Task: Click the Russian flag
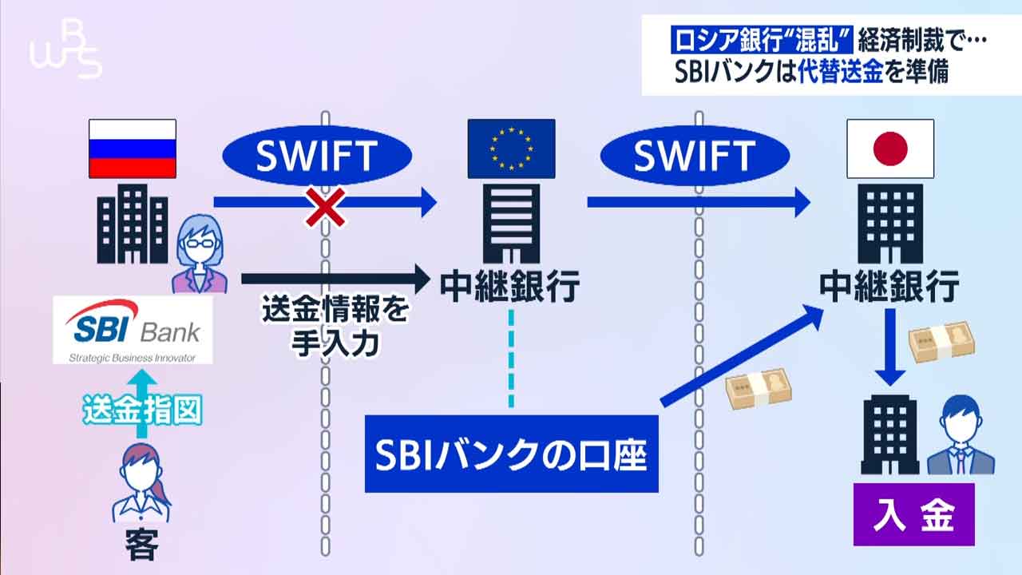point(132,149)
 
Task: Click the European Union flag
point(511,149)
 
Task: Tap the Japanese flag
point(890,149)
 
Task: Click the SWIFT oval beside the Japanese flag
point(693,157)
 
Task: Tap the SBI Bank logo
point(133,331)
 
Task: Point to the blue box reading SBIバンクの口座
point(511,454)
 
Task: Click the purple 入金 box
point(913,514)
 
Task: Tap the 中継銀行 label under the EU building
point(511,285)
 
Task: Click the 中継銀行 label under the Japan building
point(889,285)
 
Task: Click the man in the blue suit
point(960,436)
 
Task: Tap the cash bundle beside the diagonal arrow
point(759,389)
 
